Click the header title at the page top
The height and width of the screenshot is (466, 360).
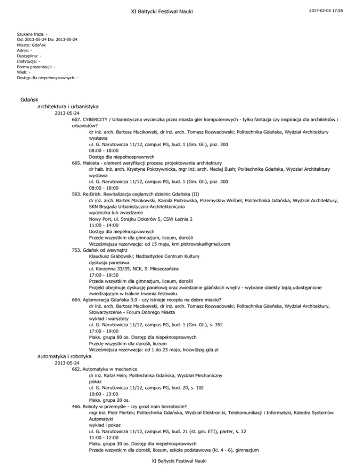(180, 11)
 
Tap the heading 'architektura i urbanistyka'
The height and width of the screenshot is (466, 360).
(68, 107)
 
